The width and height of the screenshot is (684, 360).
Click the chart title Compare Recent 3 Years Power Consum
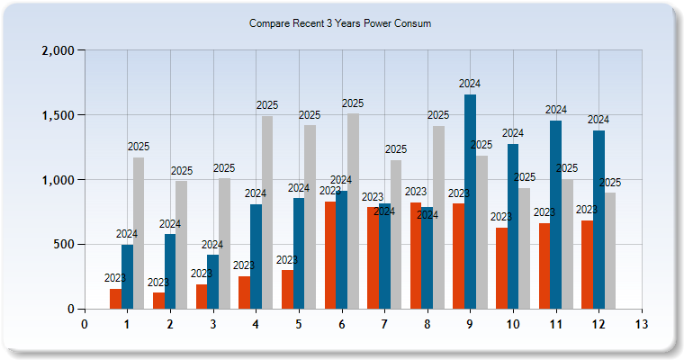coord(340,24)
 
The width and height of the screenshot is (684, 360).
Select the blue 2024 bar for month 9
coord(470,202)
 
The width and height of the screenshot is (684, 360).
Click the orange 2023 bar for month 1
coord(115,299)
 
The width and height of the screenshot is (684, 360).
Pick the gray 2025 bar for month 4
coord(267,212)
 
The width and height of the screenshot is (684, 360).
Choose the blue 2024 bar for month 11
coord(555,215)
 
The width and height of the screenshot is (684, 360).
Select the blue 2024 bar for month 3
coord(212,282)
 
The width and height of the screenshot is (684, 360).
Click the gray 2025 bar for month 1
coord(139,233)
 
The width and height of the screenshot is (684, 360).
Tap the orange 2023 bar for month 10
coord(501,268)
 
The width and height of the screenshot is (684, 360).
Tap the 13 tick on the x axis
coord(641,323)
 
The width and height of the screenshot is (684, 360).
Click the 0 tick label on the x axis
coord(85,323)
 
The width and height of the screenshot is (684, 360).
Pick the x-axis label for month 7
coord(384,323)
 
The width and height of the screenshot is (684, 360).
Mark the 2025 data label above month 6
coord(353,103)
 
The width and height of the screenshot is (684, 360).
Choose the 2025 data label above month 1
coord(139,147)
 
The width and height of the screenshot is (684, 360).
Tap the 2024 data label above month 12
coord(598,120)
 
